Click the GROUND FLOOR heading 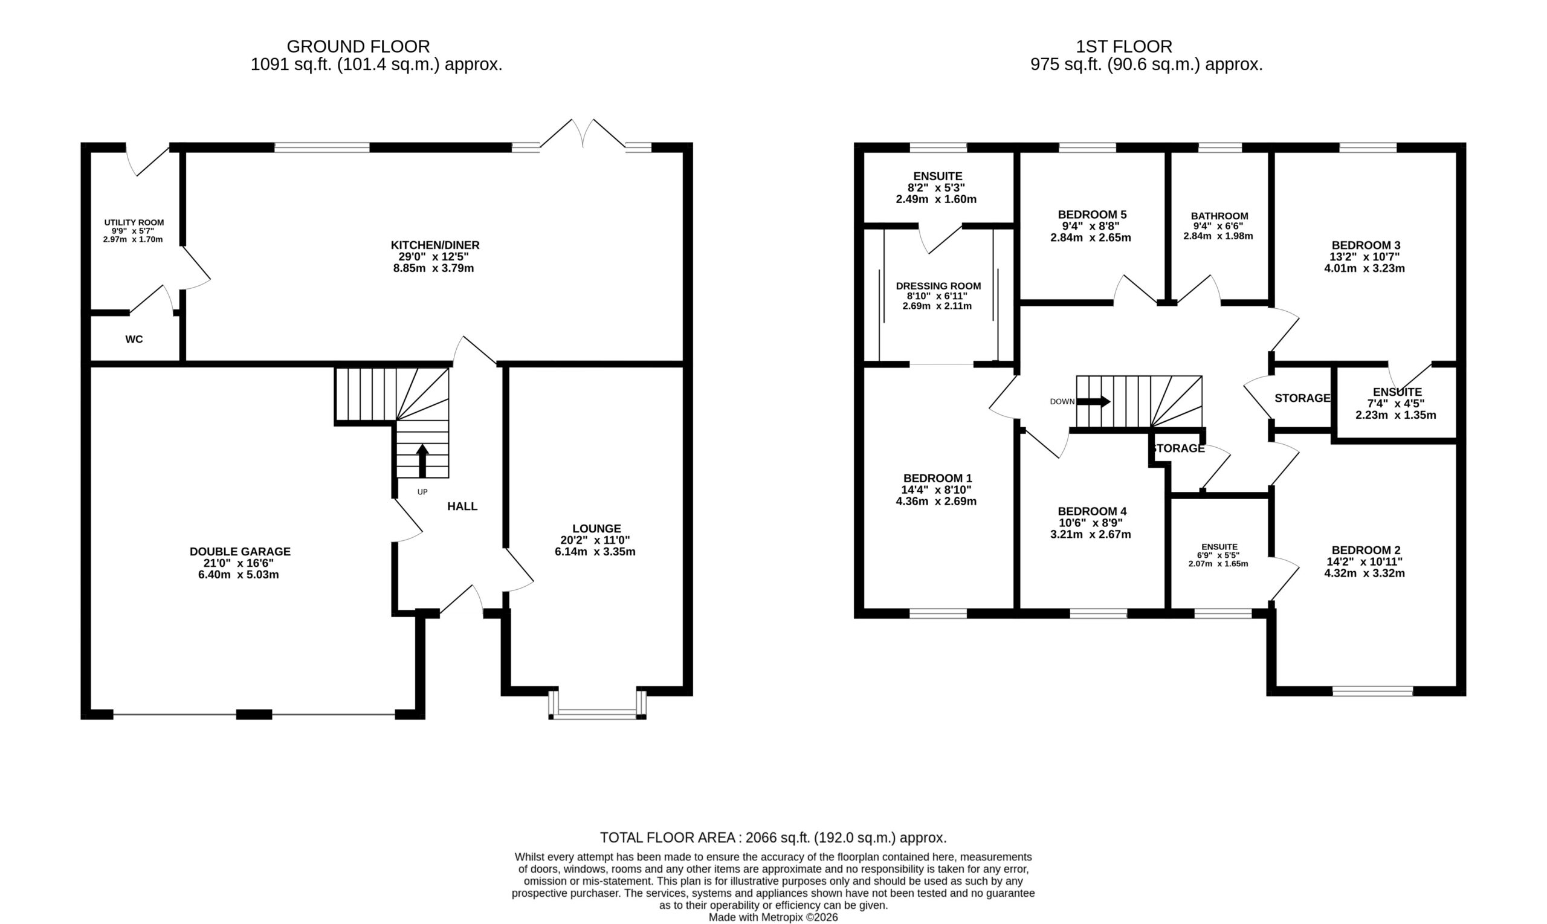pos(358,47)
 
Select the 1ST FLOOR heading pos(1125,47)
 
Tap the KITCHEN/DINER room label pos(435,245)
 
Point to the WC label pos(134,340)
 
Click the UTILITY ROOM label pos(134,222)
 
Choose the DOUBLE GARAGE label pos(241,552)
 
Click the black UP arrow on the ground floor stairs pos(422,460)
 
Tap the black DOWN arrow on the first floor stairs pos(1094,402)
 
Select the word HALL pos(462,507)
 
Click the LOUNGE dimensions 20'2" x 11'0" pos(595,540)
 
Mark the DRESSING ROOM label pos(938,286)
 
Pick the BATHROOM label pos(1219,216)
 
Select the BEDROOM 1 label pos(937,478)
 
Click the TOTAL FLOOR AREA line pos(773,838)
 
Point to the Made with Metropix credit pos(773,918)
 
